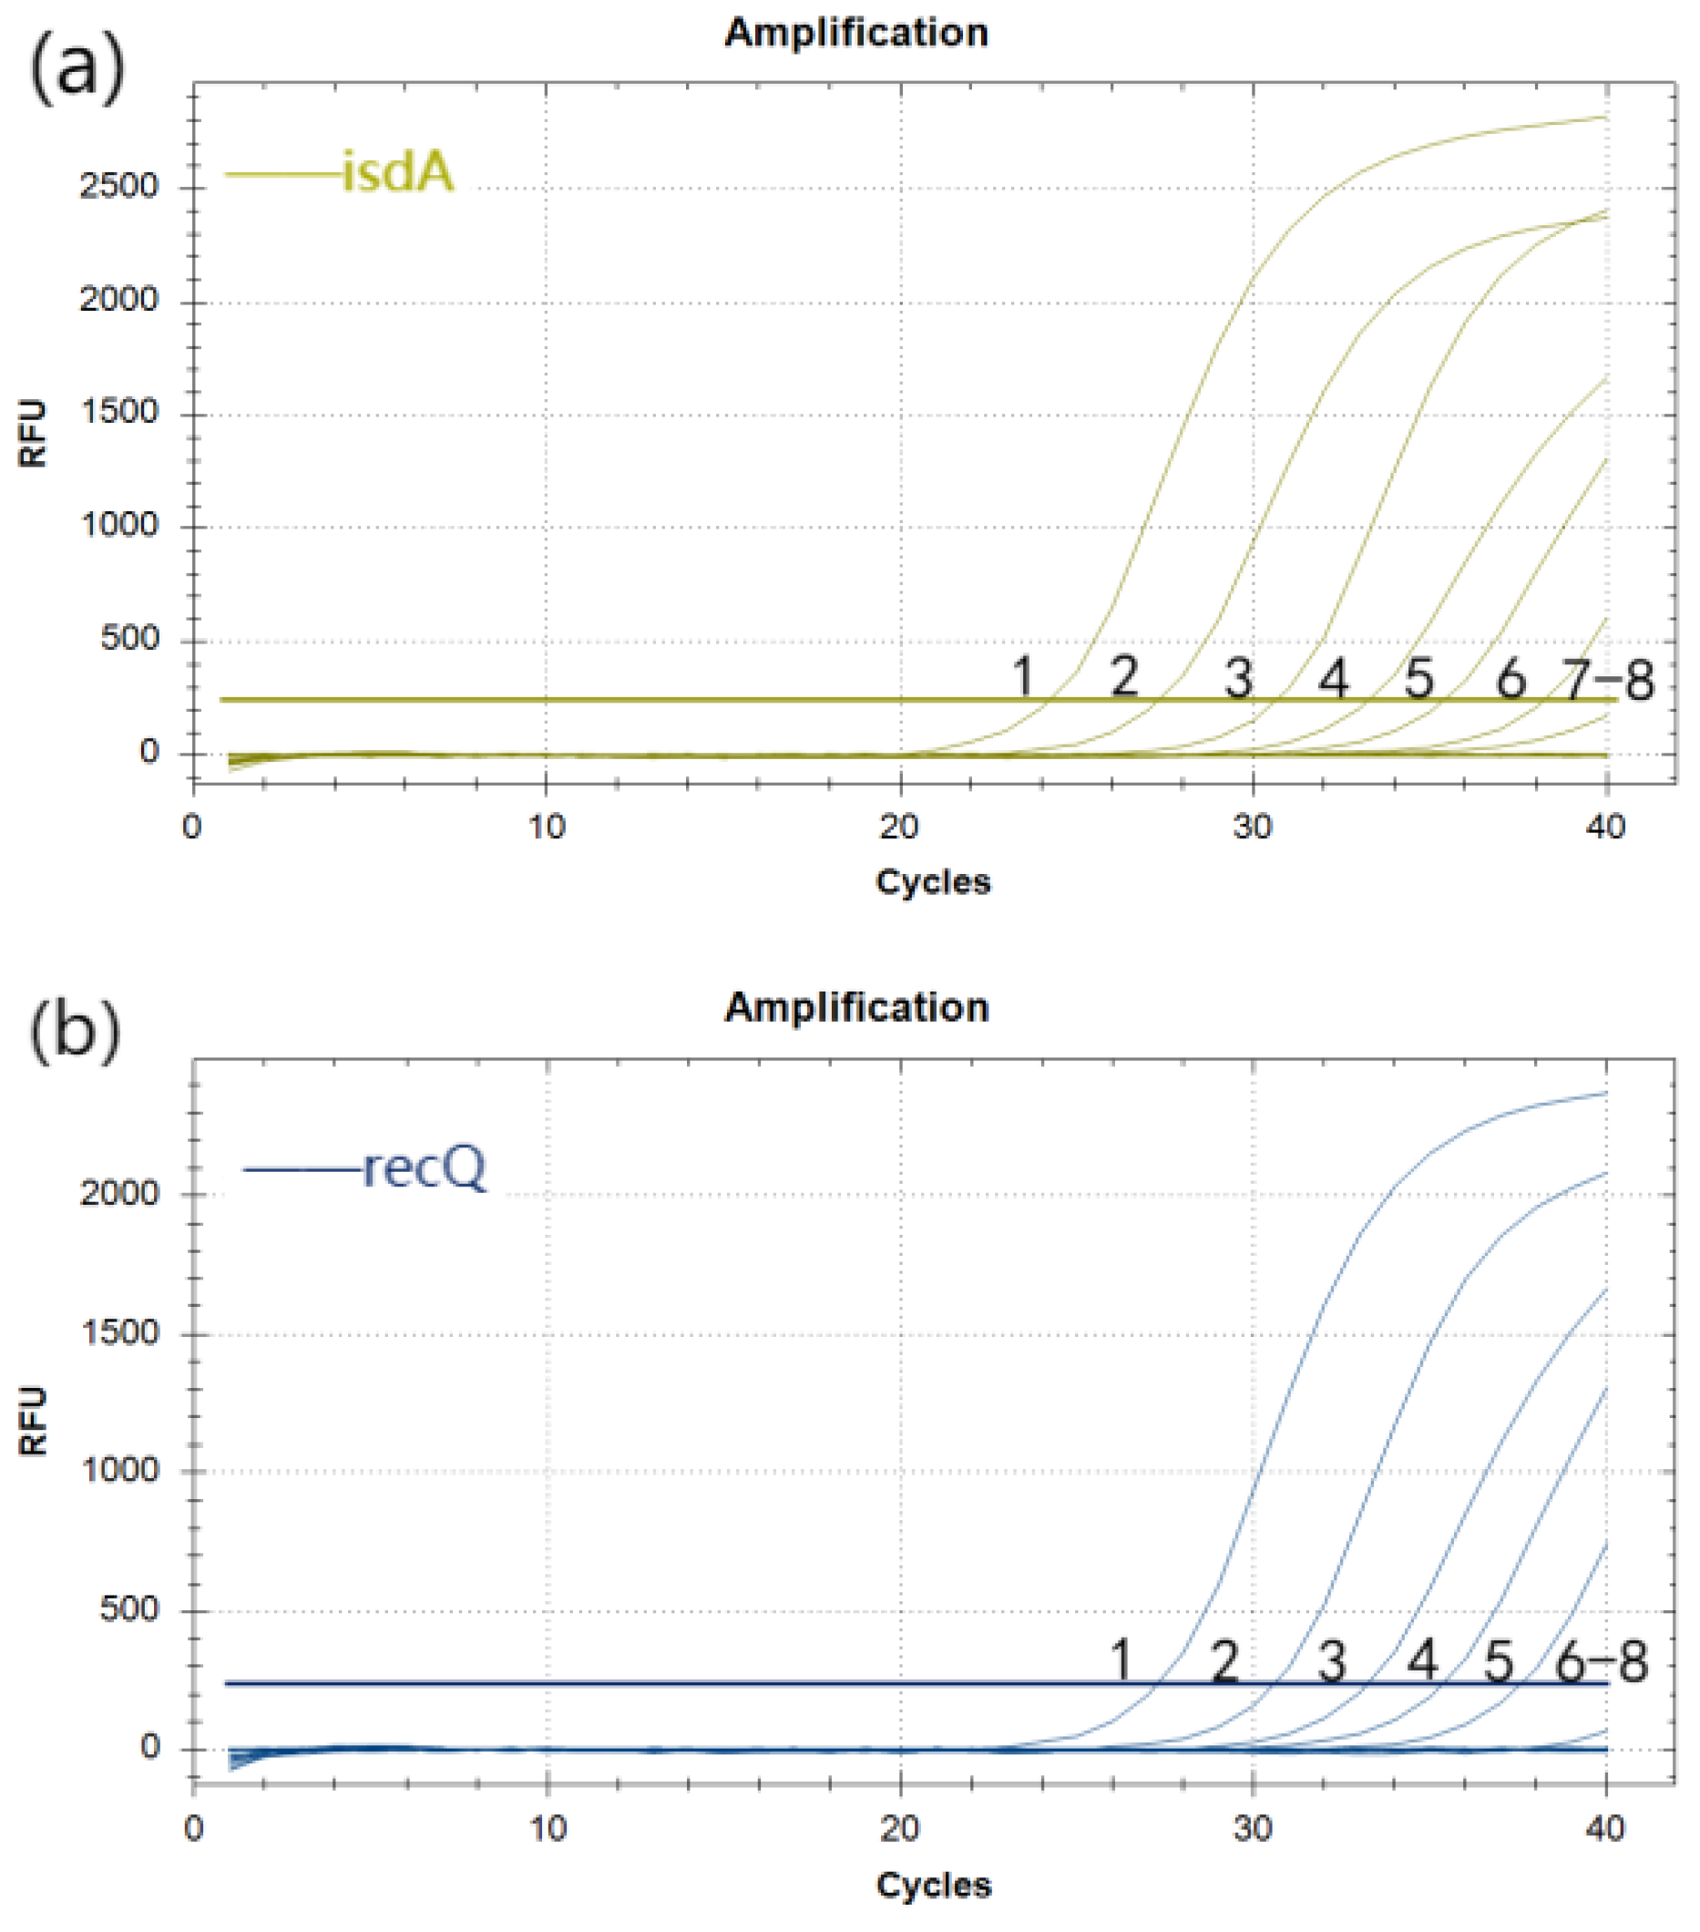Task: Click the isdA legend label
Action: pyautogui.click(x=397, y=173)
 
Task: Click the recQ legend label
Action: pyautogui.click(x=425, y=1168)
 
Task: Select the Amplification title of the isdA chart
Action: pyautogui.click(x=856, y=32)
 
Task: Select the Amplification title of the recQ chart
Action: pyautogui.click(x=856, y=1008)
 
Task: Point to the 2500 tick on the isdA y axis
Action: pyautogui.click(x=118, y=186)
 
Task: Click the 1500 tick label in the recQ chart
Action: pyautogui.click(x=118, y=1332)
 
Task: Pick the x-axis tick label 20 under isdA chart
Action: pyautogui.click(x=898, y=828)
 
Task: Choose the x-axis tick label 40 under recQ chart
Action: pyautogui.click(x=1604, y=1829)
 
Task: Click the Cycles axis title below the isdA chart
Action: pyautogui.click(x=933, y=882)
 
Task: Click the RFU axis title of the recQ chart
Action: pyautogui.click(x=33, y=1420)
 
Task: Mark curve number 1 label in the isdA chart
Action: pyautogui.click(x=1022, y=677)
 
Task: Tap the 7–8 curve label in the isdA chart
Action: pyautogui.click(x=1607, y=680)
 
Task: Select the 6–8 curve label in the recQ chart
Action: pyautogui.click(x=1602, y=1661)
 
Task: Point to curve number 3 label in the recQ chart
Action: pyautogui.click(x=1331, y=1661)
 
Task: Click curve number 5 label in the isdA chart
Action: pyautogui.click(x=1418, y=679)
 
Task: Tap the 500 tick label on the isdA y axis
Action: pyautogui.click(x=128, y=639)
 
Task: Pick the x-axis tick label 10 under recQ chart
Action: pyautogui.click(x=547, y=1829)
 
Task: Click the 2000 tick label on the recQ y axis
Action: pyautogui.click(x=118, y=1193)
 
